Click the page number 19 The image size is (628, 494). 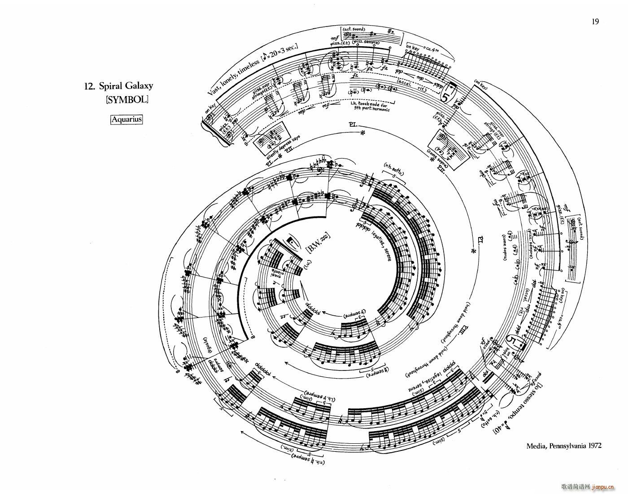pyautogui.click(x=595, y=22)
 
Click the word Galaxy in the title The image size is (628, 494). pyautogui.click(x=136, y=86)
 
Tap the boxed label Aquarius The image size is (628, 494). pyautogui.click(x=126, y=119)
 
